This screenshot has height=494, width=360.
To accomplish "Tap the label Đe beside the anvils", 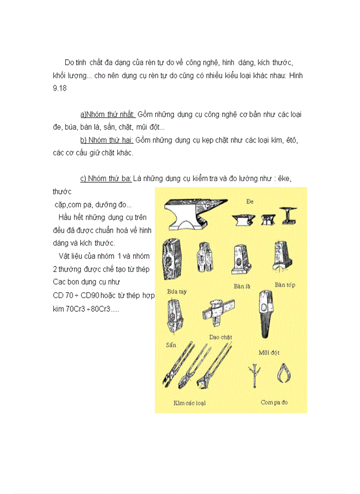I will [250, 202].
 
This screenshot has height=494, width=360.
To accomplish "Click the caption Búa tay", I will [177, 291].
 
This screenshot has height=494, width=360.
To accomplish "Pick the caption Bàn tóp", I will [284, 285].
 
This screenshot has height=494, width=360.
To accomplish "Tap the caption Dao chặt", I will [220, 337].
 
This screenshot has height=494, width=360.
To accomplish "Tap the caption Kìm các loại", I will [189, 403].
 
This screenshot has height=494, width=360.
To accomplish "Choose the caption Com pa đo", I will [274, 402].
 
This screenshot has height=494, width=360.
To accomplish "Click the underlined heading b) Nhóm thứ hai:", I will [106, 140].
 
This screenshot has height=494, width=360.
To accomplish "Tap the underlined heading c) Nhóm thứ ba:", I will [106, 179].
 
